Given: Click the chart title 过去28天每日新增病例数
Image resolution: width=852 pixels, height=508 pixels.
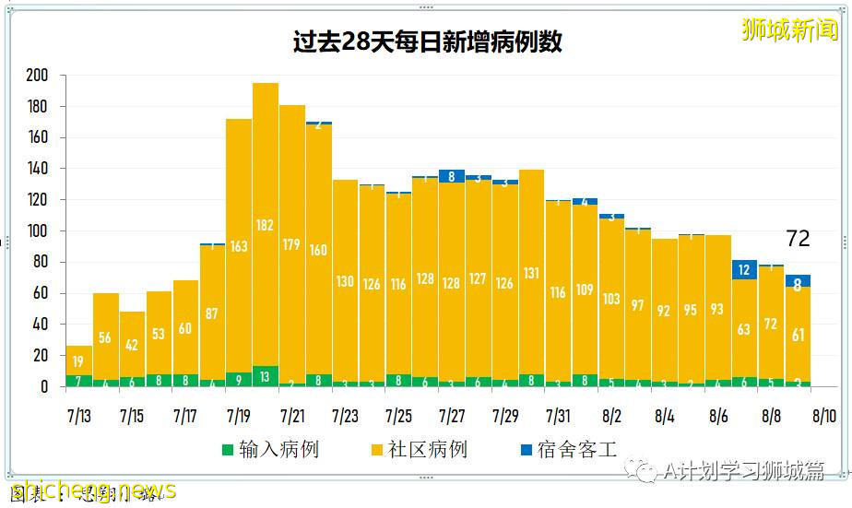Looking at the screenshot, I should (x=426, y=42).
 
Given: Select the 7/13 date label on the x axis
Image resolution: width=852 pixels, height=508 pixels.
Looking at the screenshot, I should (x=78, y=416).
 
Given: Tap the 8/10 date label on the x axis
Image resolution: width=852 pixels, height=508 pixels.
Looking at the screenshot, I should (x=824, y=416).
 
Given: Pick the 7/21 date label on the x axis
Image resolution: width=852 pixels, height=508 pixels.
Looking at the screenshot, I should (x=292, y=416).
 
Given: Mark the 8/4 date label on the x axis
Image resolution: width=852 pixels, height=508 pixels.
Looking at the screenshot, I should (x=664, y=416).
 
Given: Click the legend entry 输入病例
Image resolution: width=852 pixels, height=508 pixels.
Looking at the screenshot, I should (x=269, y=450).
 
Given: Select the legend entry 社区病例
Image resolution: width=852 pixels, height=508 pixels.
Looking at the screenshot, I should (x=418, y=450).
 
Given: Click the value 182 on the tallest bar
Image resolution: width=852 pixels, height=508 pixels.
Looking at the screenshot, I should (x=266, y=226).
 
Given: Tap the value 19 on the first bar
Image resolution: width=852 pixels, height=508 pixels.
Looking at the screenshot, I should (x=79, y=361).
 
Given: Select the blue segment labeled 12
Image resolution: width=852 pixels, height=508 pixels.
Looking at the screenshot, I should (x=744, y=269).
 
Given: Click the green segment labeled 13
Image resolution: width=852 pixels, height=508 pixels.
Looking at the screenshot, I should (x=266, y=376).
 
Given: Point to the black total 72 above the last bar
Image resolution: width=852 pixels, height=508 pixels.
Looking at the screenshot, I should (x=798, y=239).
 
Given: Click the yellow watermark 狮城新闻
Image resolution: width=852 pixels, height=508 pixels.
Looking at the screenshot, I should (x=790, y=30).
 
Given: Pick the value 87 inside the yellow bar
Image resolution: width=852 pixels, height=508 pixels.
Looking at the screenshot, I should (x=212, y=313).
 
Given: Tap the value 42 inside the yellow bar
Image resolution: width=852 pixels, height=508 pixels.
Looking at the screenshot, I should (x=133, y=346).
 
